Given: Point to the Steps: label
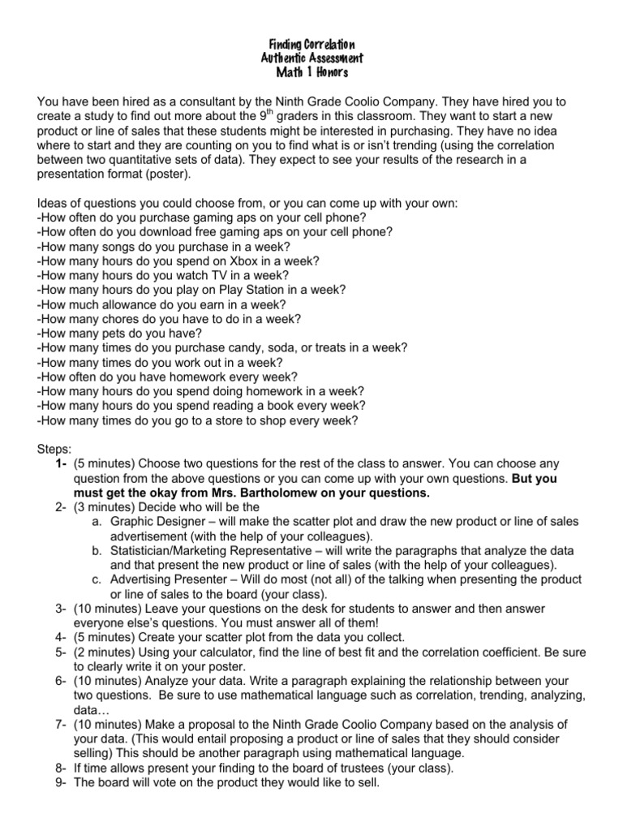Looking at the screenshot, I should coord(54,449).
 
